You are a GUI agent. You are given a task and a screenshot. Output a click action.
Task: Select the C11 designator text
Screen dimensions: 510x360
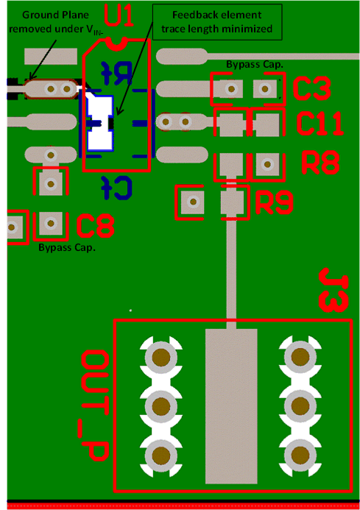(320, 124)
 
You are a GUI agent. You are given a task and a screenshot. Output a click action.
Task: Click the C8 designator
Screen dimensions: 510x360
(95, 225)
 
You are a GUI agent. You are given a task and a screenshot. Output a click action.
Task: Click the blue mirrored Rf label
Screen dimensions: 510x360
(117, 71)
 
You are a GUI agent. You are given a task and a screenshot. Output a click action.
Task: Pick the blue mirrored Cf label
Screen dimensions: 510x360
(118, 187)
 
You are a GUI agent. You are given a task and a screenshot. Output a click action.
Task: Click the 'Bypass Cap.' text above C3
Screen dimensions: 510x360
(255, 65)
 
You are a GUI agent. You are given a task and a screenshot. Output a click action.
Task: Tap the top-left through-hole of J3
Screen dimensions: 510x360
(162, 358)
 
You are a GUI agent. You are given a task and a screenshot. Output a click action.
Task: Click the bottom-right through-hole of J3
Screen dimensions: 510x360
(300, 452)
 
